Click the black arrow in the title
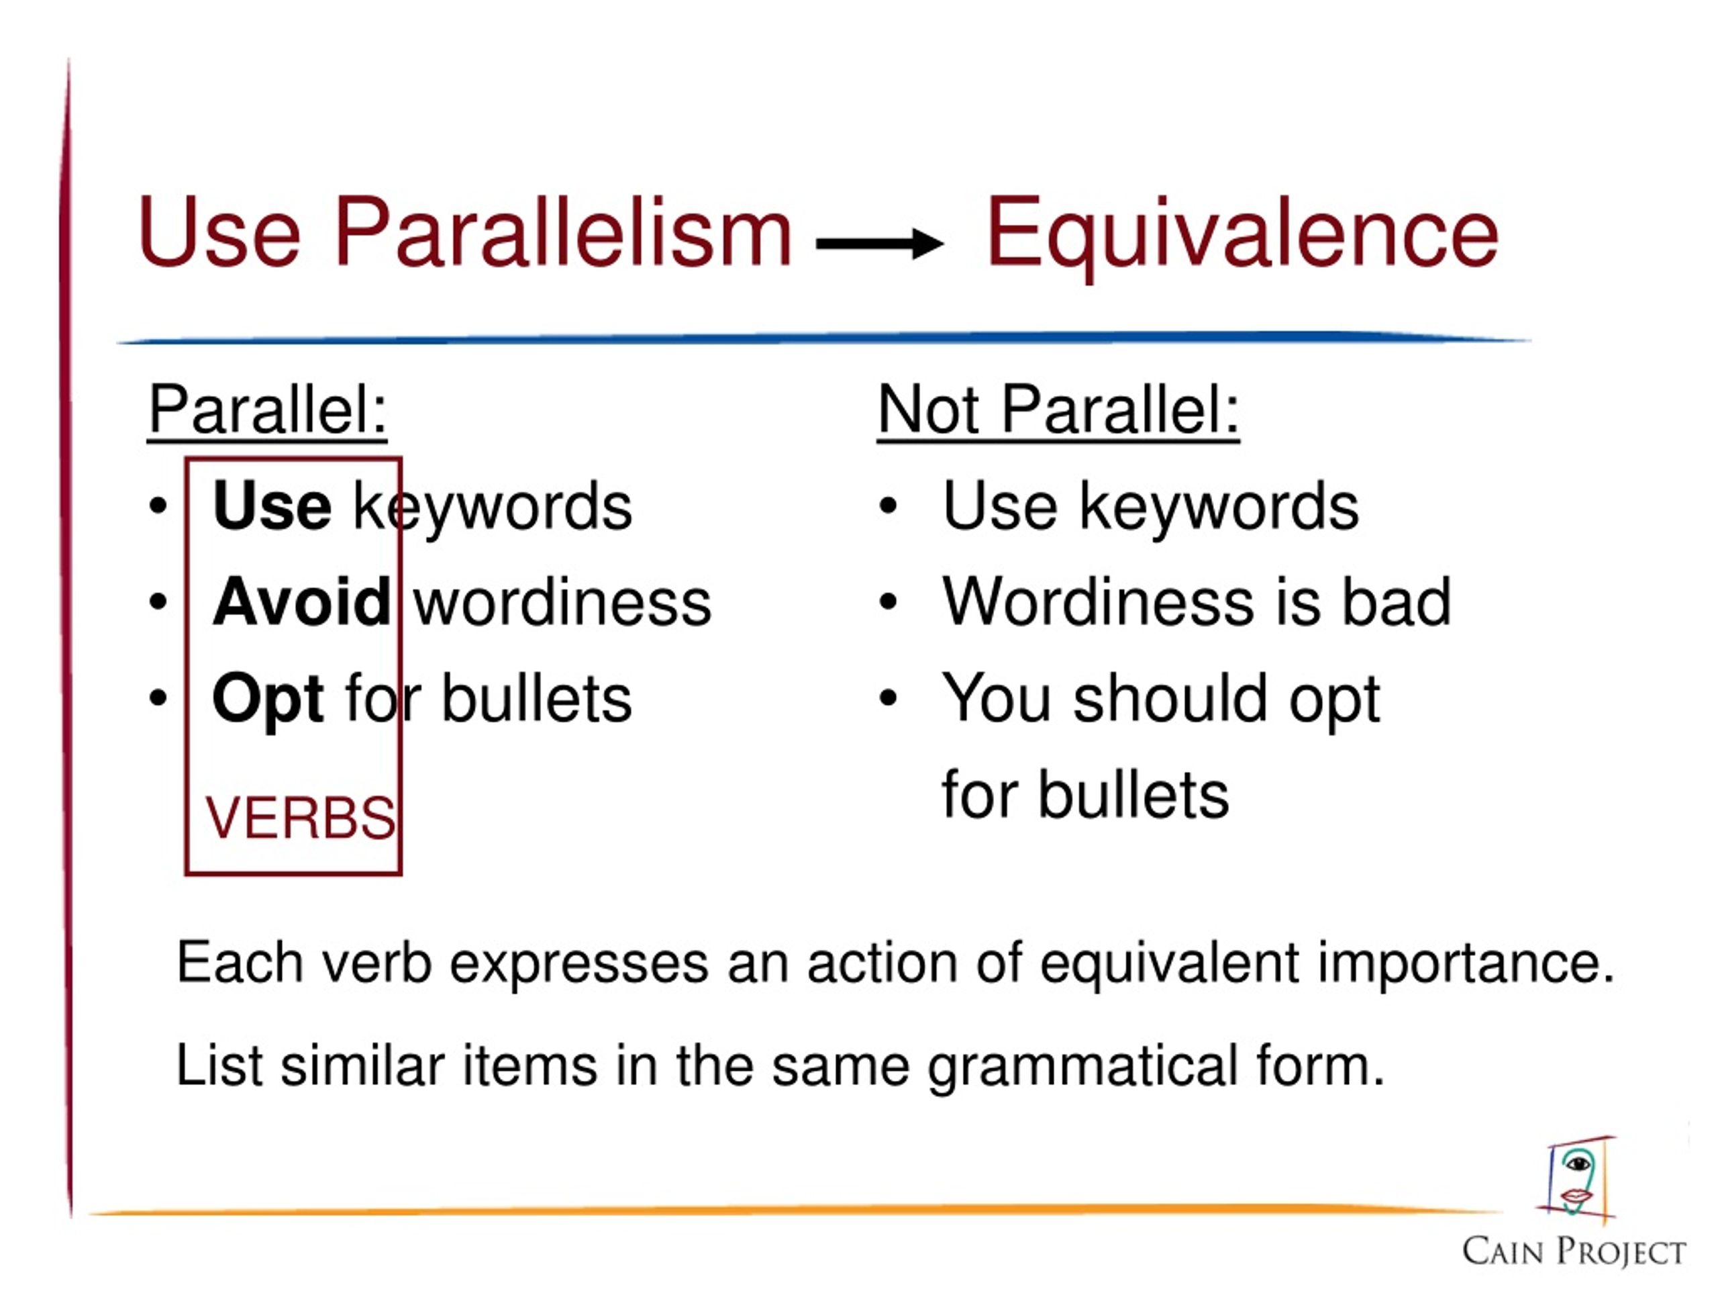[879, 243]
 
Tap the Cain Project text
[1574, 1251]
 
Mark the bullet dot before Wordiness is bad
[888, 602]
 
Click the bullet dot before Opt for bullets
[158, 698]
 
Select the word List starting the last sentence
[219, 1065]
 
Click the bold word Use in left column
[272, 506]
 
